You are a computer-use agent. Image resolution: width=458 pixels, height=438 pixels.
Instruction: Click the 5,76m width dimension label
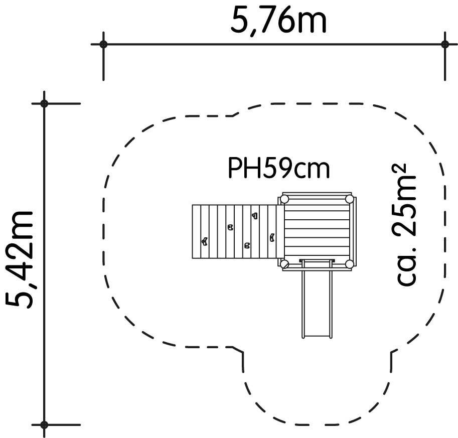pyautogui.click(x=278, y=20)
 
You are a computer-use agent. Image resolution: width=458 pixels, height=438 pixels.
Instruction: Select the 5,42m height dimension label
pyautogui.click(x=19, y=260)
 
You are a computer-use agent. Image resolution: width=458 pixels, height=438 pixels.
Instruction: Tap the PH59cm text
pyautogui.click(x=278, y=168)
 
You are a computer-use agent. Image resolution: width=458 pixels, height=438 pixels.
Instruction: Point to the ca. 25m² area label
pyautogui.click(x=404, y=224)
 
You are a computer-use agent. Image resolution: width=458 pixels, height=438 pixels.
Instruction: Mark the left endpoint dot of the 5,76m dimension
pyautogui.click(x=103, y=45)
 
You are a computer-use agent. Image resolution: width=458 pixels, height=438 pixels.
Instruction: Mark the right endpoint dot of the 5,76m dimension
pyautogui.click(x=445, y=45)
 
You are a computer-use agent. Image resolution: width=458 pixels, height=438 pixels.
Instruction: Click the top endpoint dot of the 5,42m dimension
pyautogui.click(x=44, y=103)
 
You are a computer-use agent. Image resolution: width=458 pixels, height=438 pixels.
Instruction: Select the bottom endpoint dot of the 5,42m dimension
pyautogui.click(x=44, y=424)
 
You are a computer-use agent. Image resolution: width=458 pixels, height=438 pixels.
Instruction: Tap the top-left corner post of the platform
pyautogui.click(x=284, y=200)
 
